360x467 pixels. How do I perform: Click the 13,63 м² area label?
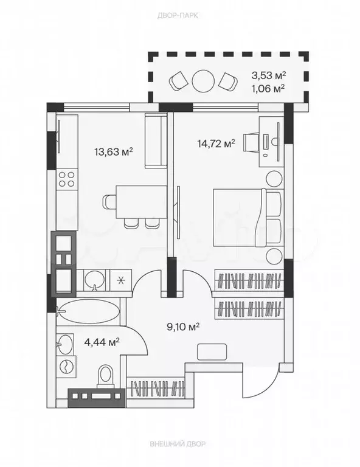click(114, 152)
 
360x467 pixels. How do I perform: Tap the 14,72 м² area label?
click(216, 144)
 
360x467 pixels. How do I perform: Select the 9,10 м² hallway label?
click(183, 327)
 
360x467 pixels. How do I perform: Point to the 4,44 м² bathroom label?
click(102, 342)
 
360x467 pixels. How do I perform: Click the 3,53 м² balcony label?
click(269, 75)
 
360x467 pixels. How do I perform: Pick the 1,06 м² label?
click(268, 88)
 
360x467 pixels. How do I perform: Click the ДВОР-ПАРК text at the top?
click(178, 15)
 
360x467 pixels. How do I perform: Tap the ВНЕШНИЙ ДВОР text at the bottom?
click(178, 444)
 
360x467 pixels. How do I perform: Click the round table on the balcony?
click(203, 81)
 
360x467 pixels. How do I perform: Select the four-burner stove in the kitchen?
click(66, 179)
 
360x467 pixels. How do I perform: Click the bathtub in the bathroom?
click(88, 311)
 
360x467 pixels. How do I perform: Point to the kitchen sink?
click(95, 280)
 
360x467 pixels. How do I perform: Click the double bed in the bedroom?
click(247, 218)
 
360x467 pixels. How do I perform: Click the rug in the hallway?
click(212, 351)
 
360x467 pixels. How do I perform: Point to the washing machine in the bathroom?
click(66, 367)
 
